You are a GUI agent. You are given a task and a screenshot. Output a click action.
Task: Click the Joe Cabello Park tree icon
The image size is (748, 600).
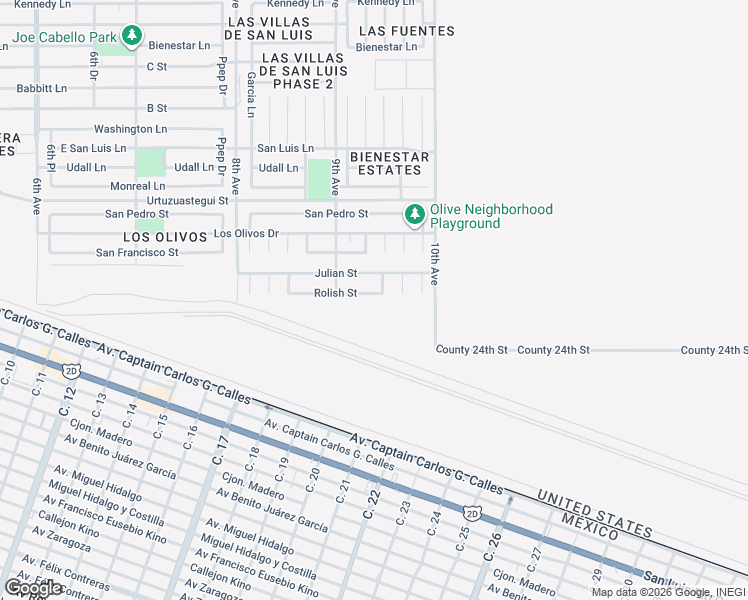(x=132, y=37)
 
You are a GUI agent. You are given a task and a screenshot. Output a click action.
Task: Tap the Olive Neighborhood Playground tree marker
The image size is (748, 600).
(x=414, y=215)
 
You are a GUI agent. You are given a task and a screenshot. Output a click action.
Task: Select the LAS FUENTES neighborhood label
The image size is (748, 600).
(x=406, y=31)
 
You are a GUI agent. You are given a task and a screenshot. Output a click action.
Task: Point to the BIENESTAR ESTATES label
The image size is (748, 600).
(x=389, y=164)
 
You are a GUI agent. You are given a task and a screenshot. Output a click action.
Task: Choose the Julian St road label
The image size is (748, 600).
(x=336, y=273)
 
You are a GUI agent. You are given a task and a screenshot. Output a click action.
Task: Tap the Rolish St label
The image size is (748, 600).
(x=336, y=293)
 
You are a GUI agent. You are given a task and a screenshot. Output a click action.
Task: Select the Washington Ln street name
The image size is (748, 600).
(x=130, y=129)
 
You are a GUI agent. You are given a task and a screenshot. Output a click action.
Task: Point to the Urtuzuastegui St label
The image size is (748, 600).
(x=181, y=200)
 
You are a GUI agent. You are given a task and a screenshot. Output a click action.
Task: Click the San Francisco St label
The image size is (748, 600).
(x=137, y=253)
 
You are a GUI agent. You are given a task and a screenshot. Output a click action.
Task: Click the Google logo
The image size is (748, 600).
(x=33, y=588)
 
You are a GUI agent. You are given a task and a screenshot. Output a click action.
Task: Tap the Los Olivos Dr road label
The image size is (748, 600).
(x=246, y=234)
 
